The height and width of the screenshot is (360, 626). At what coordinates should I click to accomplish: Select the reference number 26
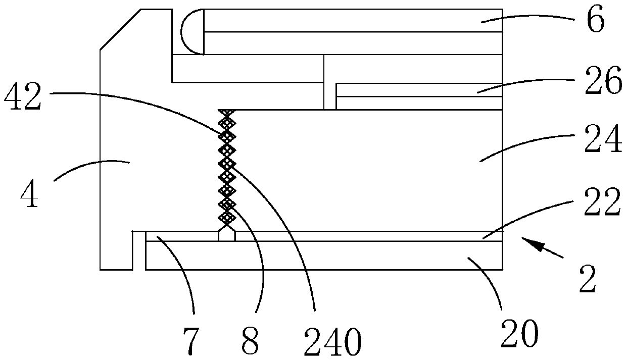tap(603, 83)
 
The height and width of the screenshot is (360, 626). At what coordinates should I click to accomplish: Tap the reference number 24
tap(604, 143)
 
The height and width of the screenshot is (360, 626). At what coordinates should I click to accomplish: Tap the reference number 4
tap(30, 195)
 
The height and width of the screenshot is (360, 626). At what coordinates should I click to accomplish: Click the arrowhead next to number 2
tap(528, 244)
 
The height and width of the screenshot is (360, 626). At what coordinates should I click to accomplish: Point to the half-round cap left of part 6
tap(192, 31)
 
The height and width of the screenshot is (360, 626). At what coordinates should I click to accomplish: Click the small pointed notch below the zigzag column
tap(226, 235)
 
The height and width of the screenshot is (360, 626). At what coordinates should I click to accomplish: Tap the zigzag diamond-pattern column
tap(227, 167)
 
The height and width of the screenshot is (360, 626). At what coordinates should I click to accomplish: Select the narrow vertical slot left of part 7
tap(139, 250)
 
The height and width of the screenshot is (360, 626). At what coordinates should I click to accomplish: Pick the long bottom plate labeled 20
tap(323, 255)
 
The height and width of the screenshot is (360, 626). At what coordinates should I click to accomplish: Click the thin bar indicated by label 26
tap(419, 89)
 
